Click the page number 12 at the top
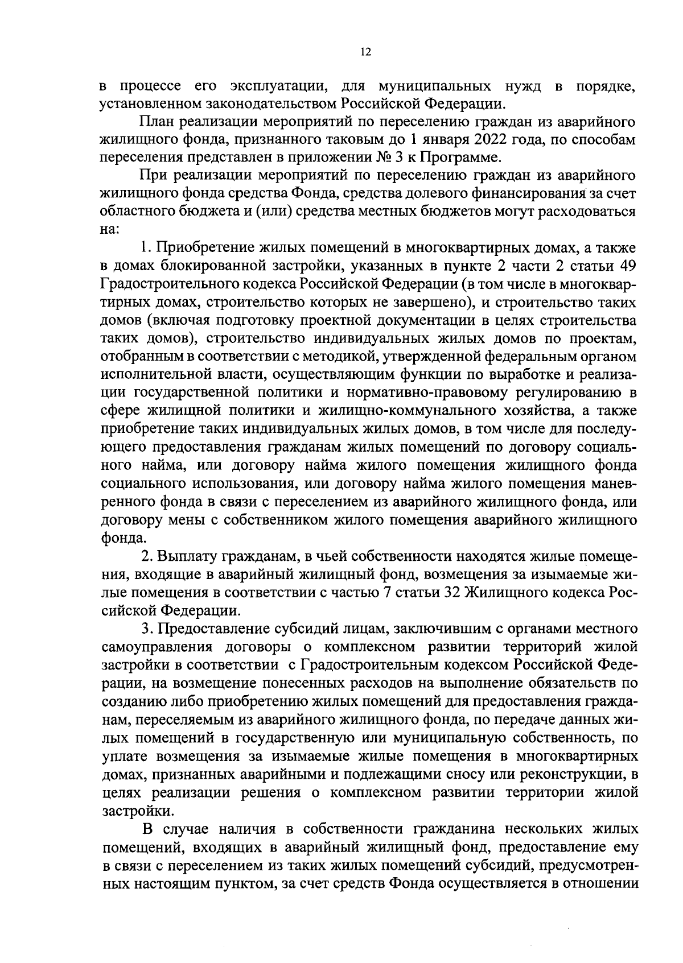click(x=365, y=52)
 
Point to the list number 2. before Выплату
click(x=146, y=556)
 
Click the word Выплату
click(x=187, y=556)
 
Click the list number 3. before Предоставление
click(x=146, y=630)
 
